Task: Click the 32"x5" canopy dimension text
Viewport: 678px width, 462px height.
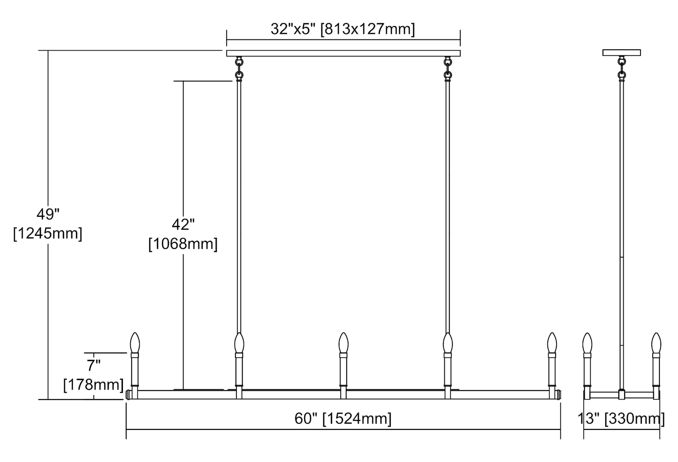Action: (x=343, y=29)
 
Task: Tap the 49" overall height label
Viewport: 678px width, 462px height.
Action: (x=48, y=214)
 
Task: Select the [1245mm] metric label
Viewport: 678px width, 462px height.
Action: (x=48, y=233)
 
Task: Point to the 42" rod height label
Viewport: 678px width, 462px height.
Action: (x=183, y=224)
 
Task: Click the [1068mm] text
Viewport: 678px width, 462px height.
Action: (x=183, y=244)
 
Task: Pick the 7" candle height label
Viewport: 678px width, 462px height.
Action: (x=94, y=366)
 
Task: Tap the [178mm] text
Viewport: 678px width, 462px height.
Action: (x=94, y=385)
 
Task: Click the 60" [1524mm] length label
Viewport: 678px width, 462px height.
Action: (x=343, y=419)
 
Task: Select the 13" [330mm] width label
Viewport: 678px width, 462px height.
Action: (x=621, y=419)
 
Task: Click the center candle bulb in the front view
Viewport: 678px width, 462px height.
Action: (x=344, y=343)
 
